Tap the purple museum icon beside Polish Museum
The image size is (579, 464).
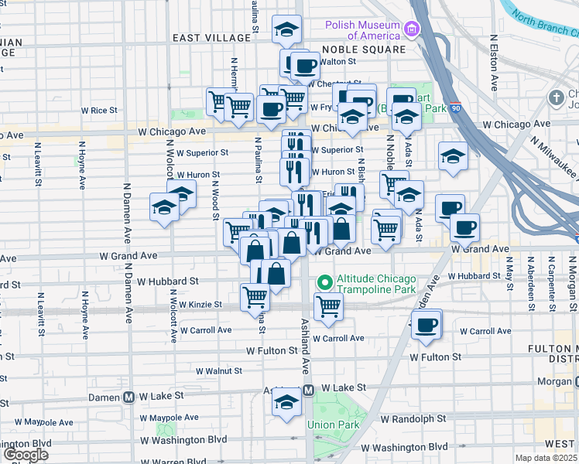click(411, 30)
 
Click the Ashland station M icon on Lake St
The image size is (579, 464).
click(307, 391)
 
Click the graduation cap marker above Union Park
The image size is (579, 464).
click(286, 401)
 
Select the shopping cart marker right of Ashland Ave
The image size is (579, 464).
click(329, 305)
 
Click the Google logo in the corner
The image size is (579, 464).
click(25, 455)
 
